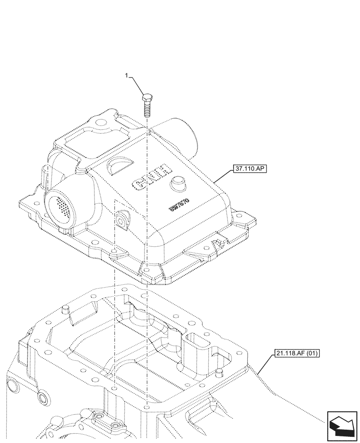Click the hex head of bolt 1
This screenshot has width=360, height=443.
click(147, 97)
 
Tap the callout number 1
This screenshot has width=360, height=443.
click(127, 76)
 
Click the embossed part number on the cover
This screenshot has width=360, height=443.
click(180, 204)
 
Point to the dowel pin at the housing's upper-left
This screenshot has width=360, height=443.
click(66, 308)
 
